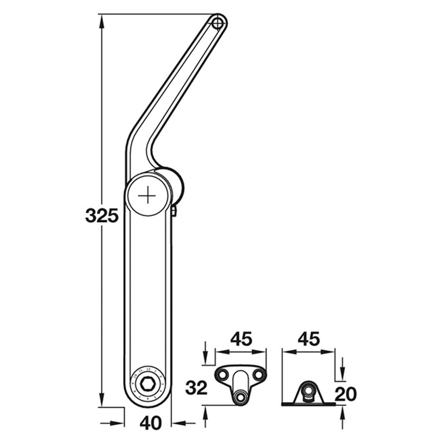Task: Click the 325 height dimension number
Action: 102,216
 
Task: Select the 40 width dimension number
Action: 151,422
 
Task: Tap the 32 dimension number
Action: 196,388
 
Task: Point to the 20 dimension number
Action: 346,394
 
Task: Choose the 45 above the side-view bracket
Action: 309,339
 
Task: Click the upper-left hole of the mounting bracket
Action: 223,375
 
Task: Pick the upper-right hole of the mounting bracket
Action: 258,375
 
